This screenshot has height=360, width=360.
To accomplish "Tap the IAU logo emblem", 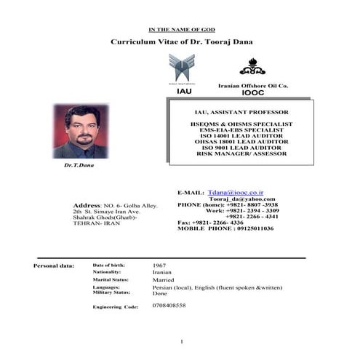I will coord(182,68).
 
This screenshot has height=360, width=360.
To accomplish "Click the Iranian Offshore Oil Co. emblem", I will coord(252,67).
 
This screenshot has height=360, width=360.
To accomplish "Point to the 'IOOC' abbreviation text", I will coord(253,94).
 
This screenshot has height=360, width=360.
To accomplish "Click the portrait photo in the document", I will coord(80,131).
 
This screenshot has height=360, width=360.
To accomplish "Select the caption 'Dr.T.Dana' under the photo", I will coord(79,165).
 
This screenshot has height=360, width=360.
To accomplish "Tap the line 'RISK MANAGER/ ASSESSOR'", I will coord(241,153).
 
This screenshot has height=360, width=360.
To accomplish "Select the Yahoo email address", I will coord(241,199).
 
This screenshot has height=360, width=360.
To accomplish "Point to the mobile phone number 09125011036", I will coord(249,228).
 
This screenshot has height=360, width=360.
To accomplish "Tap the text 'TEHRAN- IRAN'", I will coord(95,223).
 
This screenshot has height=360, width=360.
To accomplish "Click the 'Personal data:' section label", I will coord(54,265).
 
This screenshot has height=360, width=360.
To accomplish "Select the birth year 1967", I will coord(160,265).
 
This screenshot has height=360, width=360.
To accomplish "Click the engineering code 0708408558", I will coord(169,305).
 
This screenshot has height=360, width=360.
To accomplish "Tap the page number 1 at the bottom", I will coord(182,342).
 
